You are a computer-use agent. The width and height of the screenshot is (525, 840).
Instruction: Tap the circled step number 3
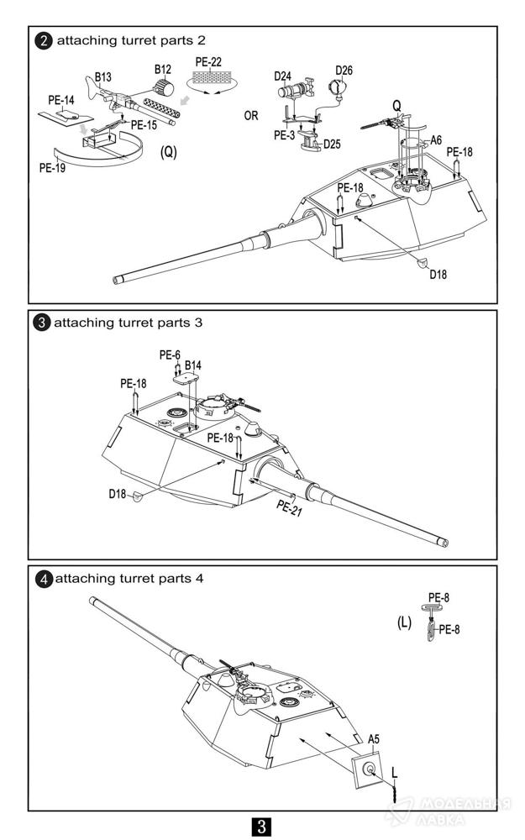(x=43, y=323)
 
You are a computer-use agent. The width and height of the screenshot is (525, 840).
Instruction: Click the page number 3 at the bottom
(x=262, y=827)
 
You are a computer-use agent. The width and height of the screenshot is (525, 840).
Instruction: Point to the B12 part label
(x=162, y=68)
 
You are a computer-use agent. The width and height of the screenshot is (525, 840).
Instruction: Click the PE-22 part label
(x=208, y=61)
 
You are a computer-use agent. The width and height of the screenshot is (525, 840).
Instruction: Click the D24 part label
(x=283, y=76)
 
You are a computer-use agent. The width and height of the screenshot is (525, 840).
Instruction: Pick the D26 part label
(x=344, y=70)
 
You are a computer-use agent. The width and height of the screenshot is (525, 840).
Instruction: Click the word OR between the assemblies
(x=251, y=116)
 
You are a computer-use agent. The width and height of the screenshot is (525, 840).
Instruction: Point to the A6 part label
(x=436, y=139)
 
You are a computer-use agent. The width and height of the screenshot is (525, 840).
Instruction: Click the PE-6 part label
(x=170, y=355)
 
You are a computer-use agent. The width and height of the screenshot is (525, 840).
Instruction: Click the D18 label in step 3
(x=117, y=494)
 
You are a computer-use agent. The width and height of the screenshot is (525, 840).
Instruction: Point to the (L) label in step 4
(x=404, y=622)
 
